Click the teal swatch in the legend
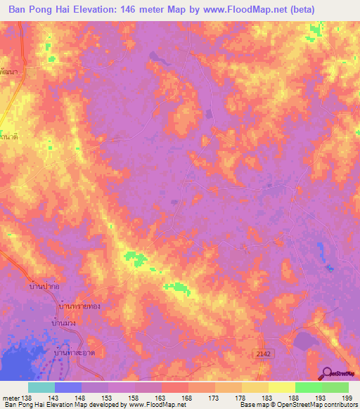pos(41,387)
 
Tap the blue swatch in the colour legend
pos(68,387)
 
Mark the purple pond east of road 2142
pos(303,342)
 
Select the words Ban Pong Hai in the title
pos(35,9)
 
